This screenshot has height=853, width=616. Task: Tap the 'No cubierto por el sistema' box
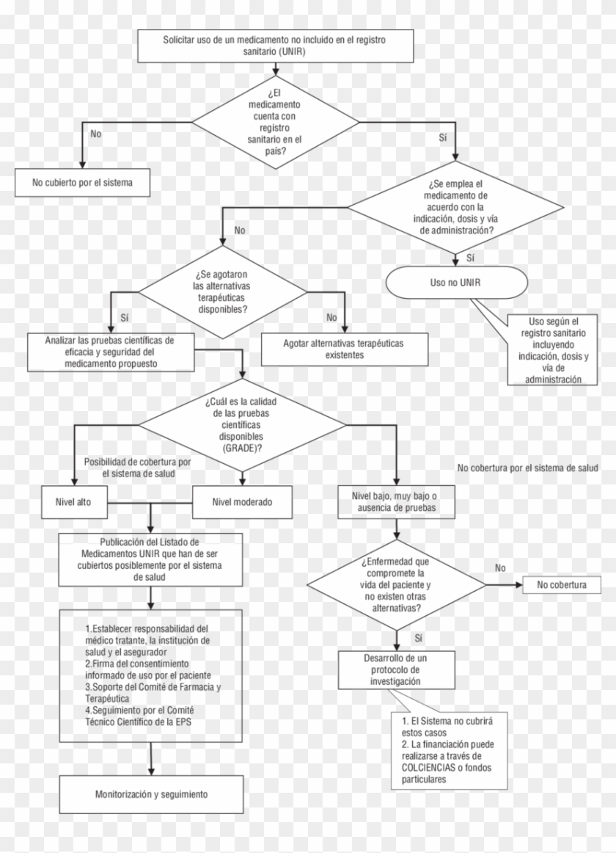[x=82, y=181]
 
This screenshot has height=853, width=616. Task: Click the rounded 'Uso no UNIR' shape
[x=455, y=283]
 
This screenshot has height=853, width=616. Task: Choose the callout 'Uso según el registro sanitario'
[x=554, y=350]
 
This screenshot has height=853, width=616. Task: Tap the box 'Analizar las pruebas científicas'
[x=109, y=352]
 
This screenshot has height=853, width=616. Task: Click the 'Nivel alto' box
[x=74, y=503]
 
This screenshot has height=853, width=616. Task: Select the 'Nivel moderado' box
[x=241, y=503]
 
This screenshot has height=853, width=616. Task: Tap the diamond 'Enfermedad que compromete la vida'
[x=396, y=584]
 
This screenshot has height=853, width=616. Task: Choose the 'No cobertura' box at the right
[x=561, y=585]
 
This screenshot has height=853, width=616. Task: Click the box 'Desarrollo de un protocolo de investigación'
[x=395, y=669]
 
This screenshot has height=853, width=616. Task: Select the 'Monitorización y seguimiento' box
[x=151, y=794]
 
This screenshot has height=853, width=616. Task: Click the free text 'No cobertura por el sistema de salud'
[x=528, y=467]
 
